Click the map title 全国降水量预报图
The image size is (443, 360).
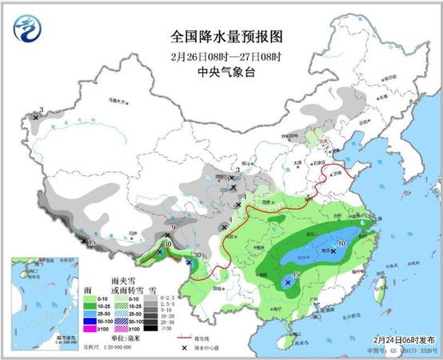pyautogui.click(x=226, y=37)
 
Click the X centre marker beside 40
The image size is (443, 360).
pyautogui.click(x=333, y=250)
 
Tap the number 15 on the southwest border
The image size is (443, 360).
pyautogui.click(x=92, y=242)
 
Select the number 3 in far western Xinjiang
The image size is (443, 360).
pyautogui.click(x=40, y=110)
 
